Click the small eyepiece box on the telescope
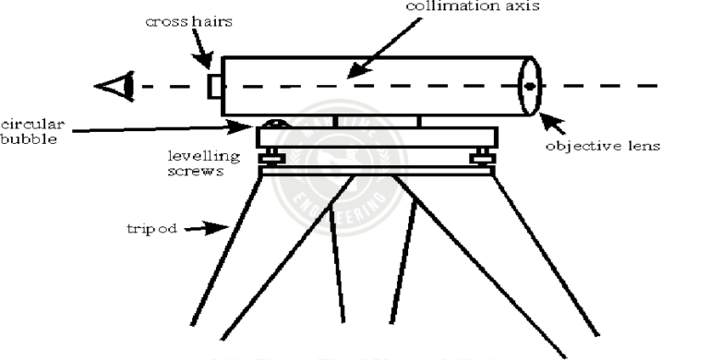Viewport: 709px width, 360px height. click(x=214, y=86)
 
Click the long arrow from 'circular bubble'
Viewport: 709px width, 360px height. click(x=157, y=128)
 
